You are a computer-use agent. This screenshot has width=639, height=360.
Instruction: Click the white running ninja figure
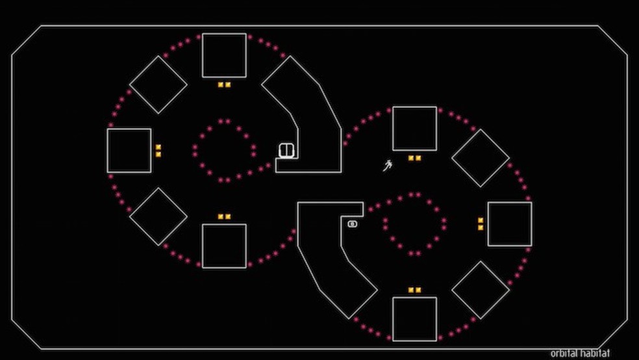pyautogui.click(x=388, y=165)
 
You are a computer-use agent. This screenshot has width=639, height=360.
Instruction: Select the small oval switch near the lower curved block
pyautogui.click(x=353, y=224)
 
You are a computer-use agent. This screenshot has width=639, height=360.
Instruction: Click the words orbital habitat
pyautogui.click(x=580, y=354)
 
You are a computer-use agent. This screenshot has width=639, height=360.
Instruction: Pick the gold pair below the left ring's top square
pyautogui.click(x=224, y=84)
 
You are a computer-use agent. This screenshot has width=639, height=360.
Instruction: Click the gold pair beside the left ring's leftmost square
pyautogui.click(x=158, y=151)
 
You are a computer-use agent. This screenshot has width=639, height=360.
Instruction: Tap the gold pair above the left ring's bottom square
pyautogui.click(x=224, y=216)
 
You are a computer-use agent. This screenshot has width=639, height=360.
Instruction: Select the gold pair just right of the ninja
pyautogui.click(x=414, y=158)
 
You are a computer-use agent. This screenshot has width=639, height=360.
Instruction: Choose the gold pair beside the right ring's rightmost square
pyautogui.click(x=481, y=224)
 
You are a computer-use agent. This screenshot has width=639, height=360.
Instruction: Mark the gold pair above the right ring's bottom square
pyautogui.click(x=414, y=290)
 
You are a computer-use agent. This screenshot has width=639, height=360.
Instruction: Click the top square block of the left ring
pyautogui.click(x=224, y=55)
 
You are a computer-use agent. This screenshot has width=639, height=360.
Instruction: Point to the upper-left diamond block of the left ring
pyautogui.click(x=158, y=84)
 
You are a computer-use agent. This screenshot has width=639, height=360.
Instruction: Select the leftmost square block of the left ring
pyautogui.click(x=129, y=151)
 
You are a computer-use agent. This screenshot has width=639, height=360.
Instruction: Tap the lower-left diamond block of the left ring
pyautogui.click(x=158, y=217)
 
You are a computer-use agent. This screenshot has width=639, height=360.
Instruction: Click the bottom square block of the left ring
pyautogui.click(x=224, y=246)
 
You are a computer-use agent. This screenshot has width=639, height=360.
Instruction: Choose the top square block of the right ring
pyautogui.click(x=414, y=129)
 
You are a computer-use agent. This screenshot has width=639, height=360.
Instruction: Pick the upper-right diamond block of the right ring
pyautogui.click(x=481, y=158)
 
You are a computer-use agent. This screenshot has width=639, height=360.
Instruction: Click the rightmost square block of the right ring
pyautogui.click(x=510, y=224)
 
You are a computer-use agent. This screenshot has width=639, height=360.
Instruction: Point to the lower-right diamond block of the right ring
pyautogui.click(x=481, y=290)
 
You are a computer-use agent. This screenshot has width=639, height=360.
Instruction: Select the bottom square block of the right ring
pyautogui.click(x=414, y=318)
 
